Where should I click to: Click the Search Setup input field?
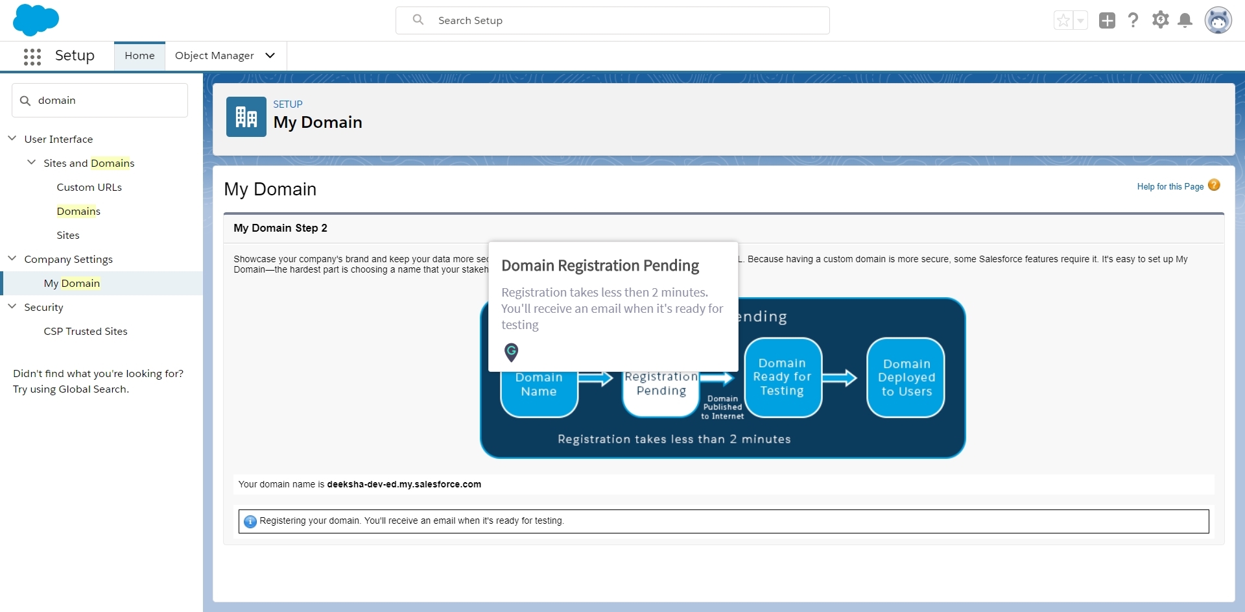click(612, 21)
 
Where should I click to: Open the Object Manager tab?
click(215, 56)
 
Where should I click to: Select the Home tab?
click(139, 56)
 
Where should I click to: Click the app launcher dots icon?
click(32, 56)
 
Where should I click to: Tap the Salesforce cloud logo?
click(36, 19)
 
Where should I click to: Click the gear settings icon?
click(1160, 20)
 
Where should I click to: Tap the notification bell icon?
click(1185, 21)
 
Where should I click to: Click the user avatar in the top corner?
click(1218, 21)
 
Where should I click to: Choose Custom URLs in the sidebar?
click(89, 188)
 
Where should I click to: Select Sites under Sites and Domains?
click(68, 236)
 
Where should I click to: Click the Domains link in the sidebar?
click(78, 212)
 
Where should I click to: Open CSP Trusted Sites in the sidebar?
click(86, 332)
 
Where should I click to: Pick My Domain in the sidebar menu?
click(72, 284)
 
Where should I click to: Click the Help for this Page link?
click(1170, 187)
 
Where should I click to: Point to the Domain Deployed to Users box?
click(906, 378)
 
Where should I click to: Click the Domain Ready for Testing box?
click(783, 378)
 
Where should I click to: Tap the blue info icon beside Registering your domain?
click(250, 521)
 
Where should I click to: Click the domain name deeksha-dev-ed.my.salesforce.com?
click(404, 485)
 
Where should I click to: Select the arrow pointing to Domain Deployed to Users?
click(840, 378)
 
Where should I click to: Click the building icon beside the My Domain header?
click(246, 117)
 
